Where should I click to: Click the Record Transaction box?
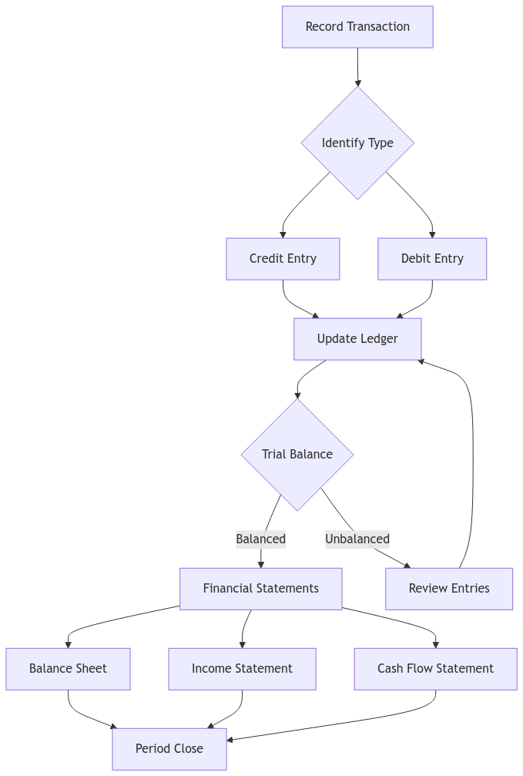pos(357,27)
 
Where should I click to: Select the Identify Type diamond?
pos(357,143)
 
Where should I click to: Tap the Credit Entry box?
pos(283,258)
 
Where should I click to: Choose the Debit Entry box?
pos(432,258)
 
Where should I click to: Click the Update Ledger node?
pos(357,338)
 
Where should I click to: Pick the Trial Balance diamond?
pos(297,454)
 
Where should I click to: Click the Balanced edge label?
pos(260,539)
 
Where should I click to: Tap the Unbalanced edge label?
pos(357,539)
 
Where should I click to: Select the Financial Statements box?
pos(260,588)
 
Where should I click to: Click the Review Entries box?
pos(449,588)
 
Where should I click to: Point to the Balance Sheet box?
pos(68,668)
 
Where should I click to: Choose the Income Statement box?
pos(242,668)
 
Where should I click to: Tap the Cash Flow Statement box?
pos(435,668)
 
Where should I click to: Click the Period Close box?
pos(169,748)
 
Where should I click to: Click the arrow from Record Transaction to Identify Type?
pos(357,66)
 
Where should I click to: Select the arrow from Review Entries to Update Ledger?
pos(471,462)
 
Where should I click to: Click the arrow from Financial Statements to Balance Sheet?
pos(116,620)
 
